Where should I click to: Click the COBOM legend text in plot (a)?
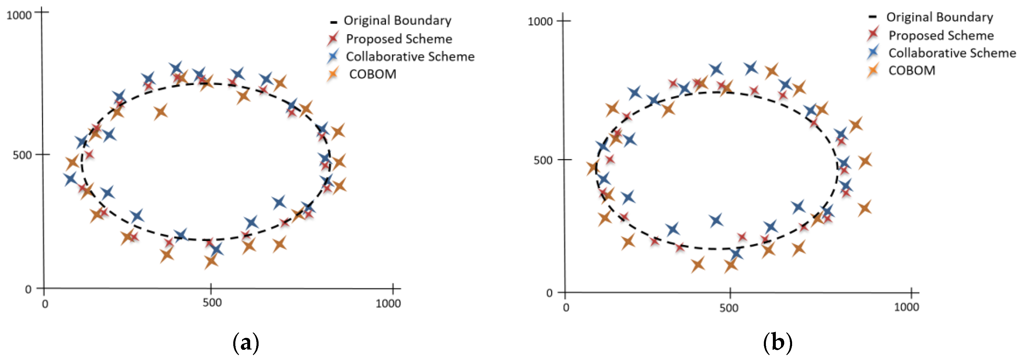(x=372, y=74)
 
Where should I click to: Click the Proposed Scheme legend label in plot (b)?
(x=941, y=35)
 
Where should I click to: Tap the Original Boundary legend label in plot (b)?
(x=939, y=17)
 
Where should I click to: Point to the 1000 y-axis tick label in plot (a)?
(x=19, y=15)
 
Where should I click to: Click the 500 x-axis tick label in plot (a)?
(x=212, y=303)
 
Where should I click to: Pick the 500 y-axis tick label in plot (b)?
(x=543, y=160)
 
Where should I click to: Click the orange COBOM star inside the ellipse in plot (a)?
(x=160, y=112)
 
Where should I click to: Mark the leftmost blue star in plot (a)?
(x=70, y=179)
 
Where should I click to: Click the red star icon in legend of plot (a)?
(x=333, y=38)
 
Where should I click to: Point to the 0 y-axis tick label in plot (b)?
(x=549, y=293)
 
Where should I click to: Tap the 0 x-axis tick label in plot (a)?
(x=45, y=304)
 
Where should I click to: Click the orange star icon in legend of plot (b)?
(x=873, y=70)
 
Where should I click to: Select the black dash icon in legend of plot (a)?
(x=333, y=22)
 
